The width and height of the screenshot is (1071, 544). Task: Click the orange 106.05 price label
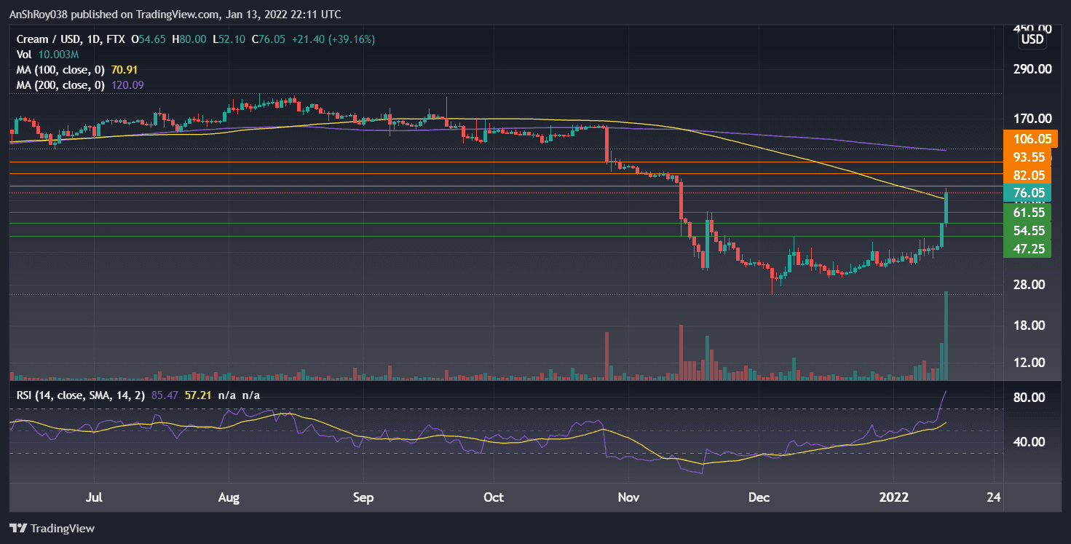(1027, 138)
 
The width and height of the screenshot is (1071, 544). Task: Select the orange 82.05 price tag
(1027, 175)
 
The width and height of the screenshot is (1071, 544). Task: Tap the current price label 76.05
(1027, 193)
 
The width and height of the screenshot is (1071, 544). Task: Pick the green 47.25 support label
(1027, 248)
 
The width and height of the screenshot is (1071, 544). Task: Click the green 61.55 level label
(1027, 212)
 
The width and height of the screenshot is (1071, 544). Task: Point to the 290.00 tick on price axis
(1027, 69)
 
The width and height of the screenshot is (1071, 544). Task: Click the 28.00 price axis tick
(1027, 284)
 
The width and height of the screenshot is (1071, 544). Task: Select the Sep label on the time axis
(363, 497)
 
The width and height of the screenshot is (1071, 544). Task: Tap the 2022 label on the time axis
(894, 497)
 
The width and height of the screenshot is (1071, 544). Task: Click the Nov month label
(628, 497)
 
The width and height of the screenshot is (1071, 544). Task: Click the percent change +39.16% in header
(352, 39)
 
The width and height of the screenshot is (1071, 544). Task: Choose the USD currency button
(1032, 39)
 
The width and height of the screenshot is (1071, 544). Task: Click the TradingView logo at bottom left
(52, 528)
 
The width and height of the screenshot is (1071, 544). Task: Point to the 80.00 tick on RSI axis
(1027, 398)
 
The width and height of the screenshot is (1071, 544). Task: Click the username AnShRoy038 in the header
(40, 14)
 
